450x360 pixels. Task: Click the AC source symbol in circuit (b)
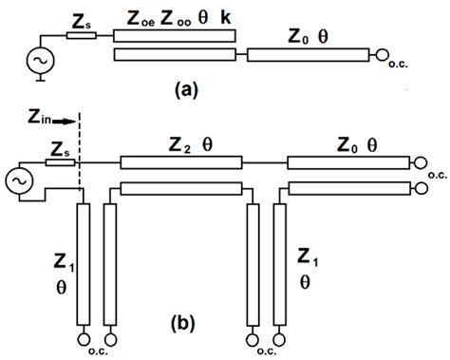click(x=18, y=180)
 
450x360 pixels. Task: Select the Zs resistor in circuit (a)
click(x=81, y=35)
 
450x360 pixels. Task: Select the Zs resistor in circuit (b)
click(x=60, y=161)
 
